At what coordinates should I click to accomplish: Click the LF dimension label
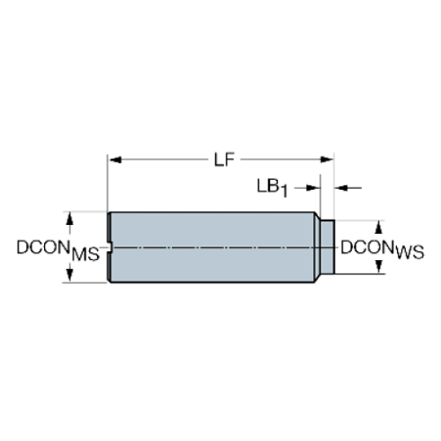pos(224,160)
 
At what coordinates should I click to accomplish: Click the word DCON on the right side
pos(367,246)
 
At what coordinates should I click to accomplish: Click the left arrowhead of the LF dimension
pos(114,160)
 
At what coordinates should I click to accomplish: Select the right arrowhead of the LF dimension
pos(328,160)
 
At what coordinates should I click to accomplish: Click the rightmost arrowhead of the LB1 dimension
pos(340,187)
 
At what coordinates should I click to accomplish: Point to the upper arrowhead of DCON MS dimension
pos(68,217)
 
